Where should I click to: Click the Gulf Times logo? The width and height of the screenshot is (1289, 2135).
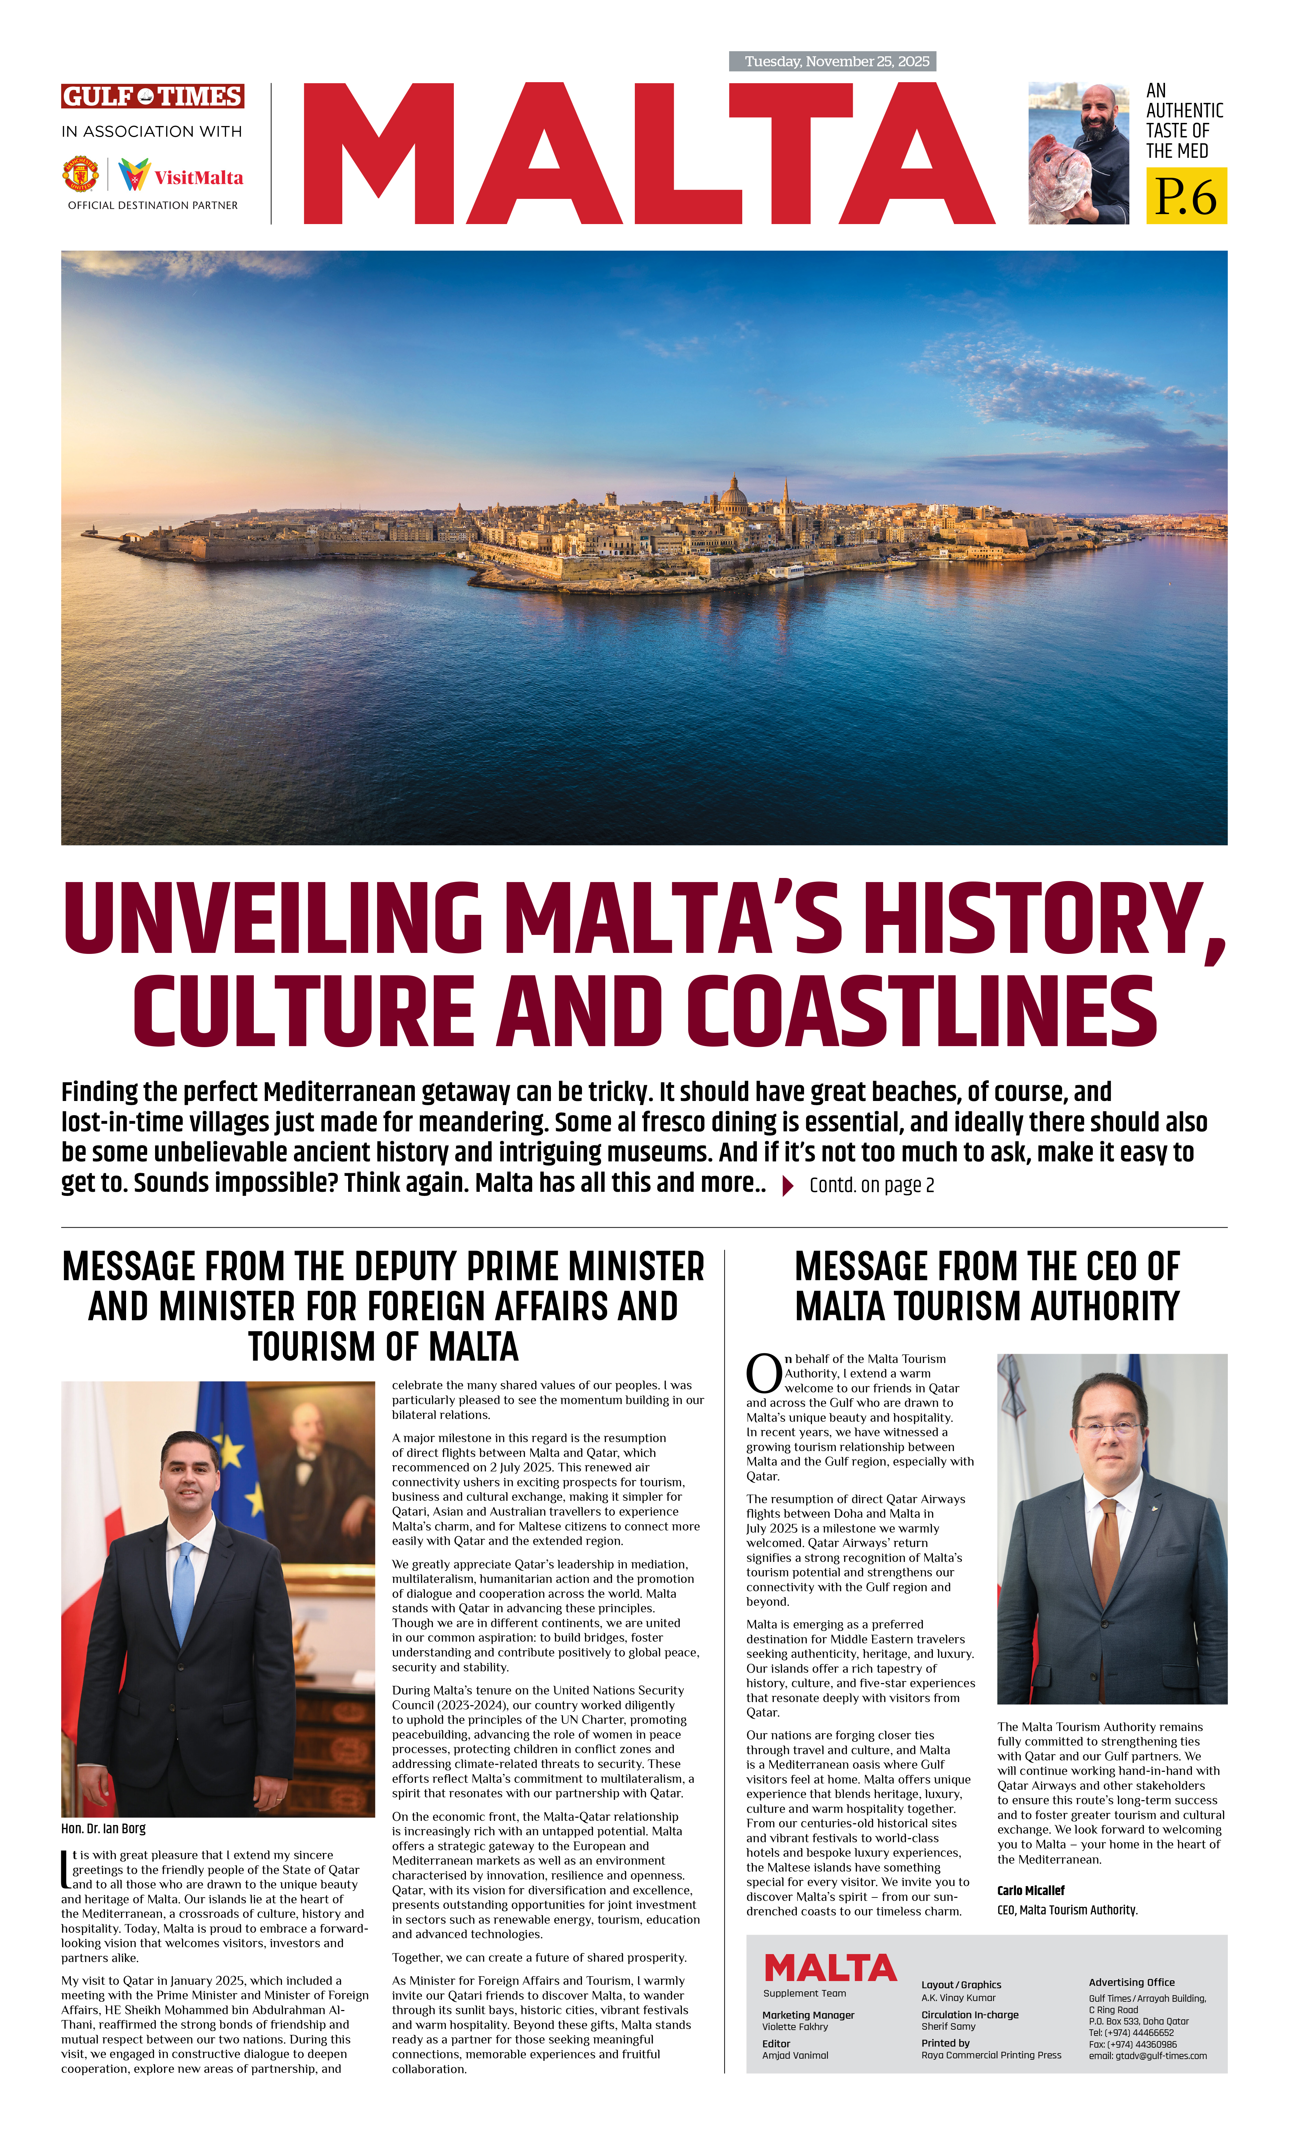coord(153,96)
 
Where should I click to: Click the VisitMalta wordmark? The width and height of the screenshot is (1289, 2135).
coord(199,177)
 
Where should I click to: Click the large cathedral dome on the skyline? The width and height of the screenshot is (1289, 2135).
coord(733,498)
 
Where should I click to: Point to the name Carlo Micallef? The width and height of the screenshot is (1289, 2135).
coord(1031,1890)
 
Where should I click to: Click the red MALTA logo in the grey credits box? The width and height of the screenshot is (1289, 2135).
coord(830,1968)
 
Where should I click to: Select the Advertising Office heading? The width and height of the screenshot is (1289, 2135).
coord(1131,1982)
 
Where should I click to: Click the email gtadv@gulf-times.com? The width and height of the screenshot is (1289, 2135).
coord(1148,2055)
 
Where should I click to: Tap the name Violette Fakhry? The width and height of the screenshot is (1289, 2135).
coord(795,2027)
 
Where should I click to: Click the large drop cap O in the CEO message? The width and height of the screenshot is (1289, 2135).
coord(764,1373)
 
